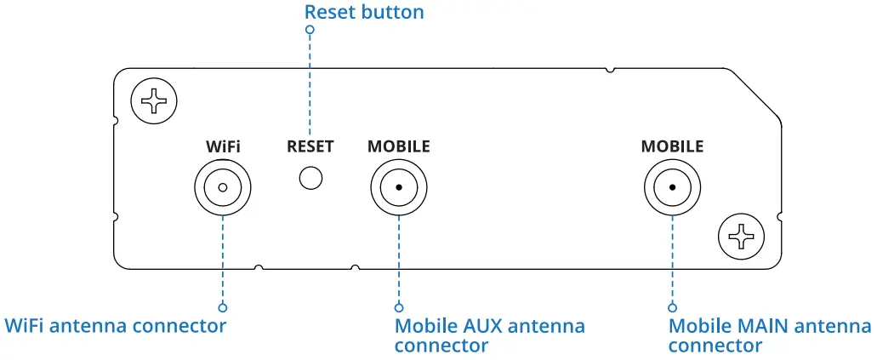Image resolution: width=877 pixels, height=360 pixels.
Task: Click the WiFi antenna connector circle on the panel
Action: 223,187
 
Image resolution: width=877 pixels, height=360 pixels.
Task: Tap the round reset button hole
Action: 311,178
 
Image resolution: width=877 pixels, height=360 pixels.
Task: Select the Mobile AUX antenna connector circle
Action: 398,187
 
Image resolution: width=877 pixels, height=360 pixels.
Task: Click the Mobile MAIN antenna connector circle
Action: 672,187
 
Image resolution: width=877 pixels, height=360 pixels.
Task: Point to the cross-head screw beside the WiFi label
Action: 154,102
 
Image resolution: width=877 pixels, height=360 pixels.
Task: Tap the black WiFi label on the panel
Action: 223,146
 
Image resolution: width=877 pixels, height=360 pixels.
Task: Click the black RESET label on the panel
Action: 310,146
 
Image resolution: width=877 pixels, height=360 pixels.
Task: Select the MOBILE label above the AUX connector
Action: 398,146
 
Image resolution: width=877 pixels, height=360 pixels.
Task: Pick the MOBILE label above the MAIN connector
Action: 672,146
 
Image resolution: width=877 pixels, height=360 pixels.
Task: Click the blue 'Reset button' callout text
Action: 363,12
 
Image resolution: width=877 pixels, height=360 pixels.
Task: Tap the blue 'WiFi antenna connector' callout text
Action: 116,326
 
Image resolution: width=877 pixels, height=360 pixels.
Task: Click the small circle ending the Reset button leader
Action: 310,30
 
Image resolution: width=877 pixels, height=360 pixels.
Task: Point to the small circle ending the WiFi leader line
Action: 223,306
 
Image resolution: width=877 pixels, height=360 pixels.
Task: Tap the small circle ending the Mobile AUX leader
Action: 398,306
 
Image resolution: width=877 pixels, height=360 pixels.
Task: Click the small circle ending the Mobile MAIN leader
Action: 672,306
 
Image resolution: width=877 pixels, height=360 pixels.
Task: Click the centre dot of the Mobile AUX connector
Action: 398,187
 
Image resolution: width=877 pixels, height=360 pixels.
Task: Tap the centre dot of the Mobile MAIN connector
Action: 672,187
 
